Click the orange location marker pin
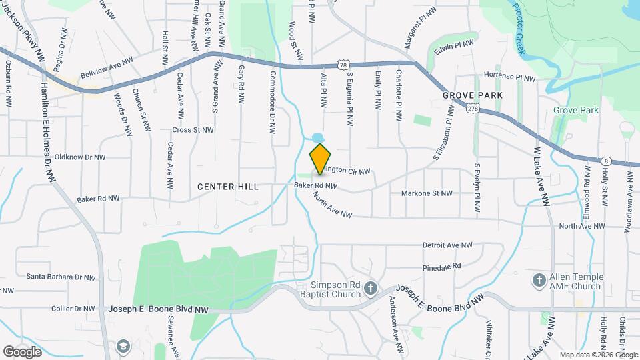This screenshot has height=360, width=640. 321,158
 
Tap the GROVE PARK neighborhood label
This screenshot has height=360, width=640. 472,96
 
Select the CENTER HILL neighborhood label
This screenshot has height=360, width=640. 227,187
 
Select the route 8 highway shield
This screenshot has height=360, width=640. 605,161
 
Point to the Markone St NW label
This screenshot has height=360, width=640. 427,193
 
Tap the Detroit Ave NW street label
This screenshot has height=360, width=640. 447,246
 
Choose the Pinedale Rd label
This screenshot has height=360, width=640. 442,265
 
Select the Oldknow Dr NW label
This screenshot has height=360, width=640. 80,157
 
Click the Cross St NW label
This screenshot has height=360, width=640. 193,130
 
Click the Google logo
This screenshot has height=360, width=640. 22,351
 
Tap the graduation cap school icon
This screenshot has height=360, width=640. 123,346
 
